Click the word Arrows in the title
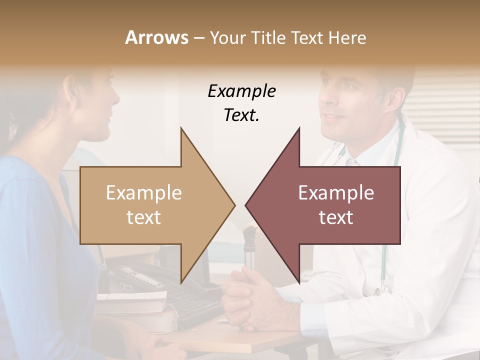tap(156, 37)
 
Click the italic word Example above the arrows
tap(242, 91)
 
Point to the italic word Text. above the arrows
tap(242, 115)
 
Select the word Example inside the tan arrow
tap(144, 193)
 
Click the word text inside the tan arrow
tap(144, 217)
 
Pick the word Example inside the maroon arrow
tap(336, 193)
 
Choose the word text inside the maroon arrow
tap(336, 217)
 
